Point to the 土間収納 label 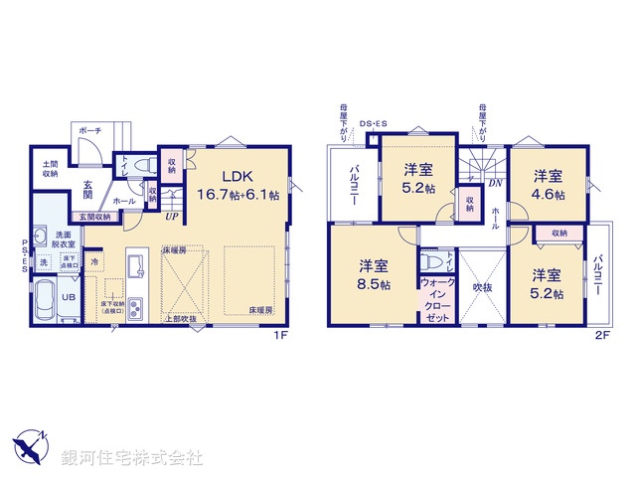(x=49, y=169)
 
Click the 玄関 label (x=87, y=188)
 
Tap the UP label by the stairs (x=172, y=216)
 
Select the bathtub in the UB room (x=47, y=300)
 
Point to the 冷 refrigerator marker (x=95, y=262)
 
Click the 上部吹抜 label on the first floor (x=180, y=319)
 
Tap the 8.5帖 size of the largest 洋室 (x=375, y=284)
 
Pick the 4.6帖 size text (x=547, y=193)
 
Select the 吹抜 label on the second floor (x=482, y=286)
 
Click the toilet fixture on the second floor (x=429, y=262)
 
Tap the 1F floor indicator (x=281, y=336)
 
